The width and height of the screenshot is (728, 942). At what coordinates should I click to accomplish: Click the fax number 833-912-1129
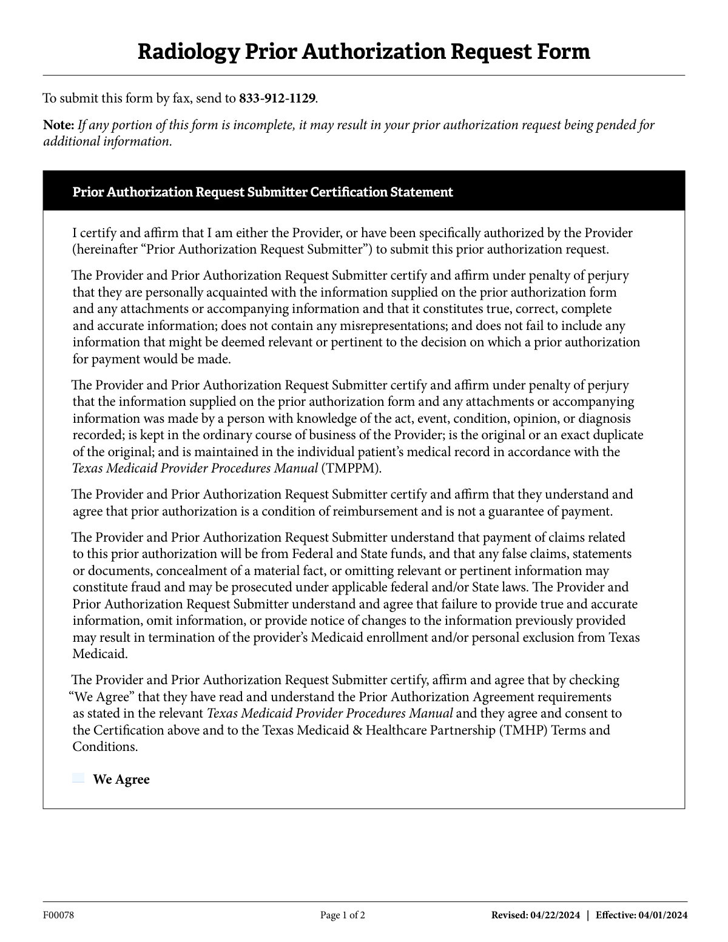277,98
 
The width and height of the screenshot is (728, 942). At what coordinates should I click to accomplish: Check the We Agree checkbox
78,778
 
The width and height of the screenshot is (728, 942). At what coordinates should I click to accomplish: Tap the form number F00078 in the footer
58,915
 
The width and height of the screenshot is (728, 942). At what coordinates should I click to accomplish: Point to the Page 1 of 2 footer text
343,915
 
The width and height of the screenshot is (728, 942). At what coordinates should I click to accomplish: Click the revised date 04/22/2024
554,915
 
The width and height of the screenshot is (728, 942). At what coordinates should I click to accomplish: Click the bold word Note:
58,126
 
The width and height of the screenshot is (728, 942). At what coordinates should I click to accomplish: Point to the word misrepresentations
397,326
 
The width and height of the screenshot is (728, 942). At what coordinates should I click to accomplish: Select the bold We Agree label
121,779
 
